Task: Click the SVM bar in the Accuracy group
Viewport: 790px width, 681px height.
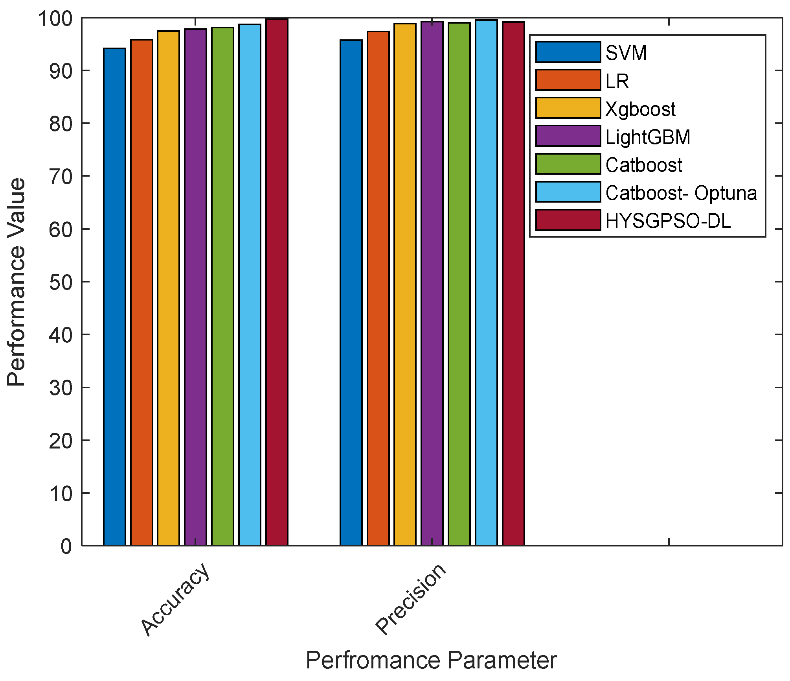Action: (x=114, y=297)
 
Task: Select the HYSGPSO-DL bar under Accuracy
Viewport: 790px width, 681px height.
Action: (x=277, y=282)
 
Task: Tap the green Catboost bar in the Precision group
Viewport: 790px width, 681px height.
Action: (x=459, y=284)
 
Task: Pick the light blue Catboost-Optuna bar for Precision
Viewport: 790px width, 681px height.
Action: (x=486, y=283)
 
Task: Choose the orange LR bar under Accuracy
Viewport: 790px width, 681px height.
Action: (x=141, y=293)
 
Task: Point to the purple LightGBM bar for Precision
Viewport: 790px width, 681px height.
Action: (x=432, y=284)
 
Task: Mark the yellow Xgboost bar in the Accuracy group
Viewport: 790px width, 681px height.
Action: (x=169, y=288)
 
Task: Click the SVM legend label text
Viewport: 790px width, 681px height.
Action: (x=626, y=53)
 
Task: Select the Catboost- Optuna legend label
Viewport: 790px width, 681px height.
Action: (x=681, y=193)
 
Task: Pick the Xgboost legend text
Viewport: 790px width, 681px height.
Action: (x=640, y=109)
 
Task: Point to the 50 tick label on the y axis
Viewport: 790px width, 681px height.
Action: (x=61, y=282)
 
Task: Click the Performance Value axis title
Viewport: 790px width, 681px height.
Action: (x=17, y=282)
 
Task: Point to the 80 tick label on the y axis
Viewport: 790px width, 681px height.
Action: (x=61, y=124)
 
